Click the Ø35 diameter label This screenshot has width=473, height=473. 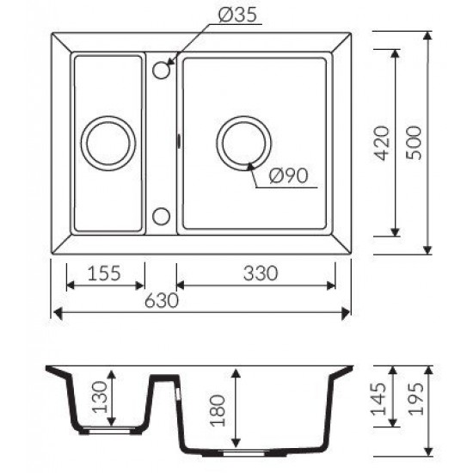coord(238,15)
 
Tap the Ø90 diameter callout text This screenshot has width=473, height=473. coord(289,175)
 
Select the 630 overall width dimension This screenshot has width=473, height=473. coord(162,300)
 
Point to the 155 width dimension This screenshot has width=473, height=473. coord(104,273)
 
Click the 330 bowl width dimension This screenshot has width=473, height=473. coord(261,273)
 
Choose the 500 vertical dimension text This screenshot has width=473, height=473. coord(413,143)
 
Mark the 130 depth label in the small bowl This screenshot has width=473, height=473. coord(100,397)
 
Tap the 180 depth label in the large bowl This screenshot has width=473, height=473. coord(218,410)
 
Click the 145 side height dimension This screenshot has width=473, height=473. coord(379,399)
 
